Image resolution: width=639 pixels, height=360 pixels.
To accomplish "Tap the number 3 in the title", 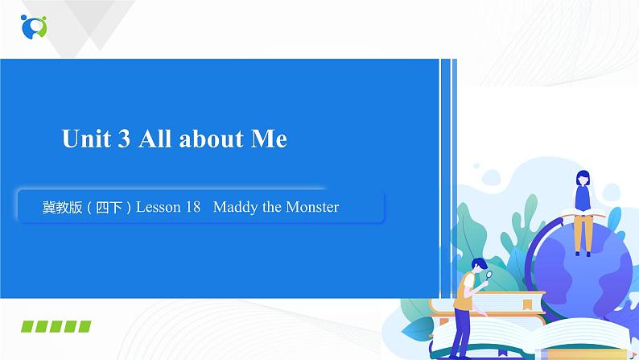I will tap(123, 139).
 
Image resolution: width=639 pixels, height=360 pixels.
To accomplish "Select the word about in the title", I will tap(212, 139).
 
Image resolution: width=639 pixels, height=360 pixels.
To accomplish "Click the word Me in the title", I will tap(269, 139).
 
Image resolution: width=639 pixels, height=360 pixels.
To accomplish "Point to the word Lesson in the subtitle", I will tap(159, 208).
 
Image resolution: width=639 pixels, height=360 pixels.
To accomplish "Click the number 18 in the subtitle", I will tap(192, 208).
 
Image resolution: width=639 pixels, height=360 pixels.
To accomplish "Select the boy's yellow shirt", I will tap(464, 292).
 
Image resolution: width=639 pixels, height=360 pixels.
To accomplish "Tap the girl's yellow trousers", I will tap(583, 234).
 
